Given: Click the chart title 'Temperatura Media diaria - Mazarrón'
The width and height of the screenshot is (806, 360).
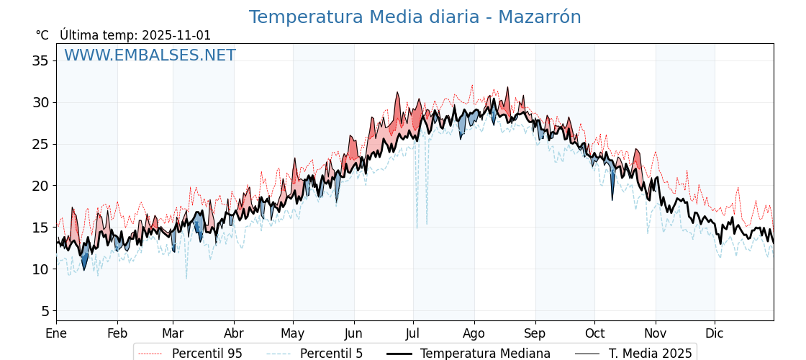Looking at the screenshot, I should pyautogui.click(x=415, y=17).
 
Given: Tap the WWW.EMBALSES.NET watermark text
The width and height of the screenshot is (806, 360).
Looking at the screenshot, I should pyautogui.click(x=150, y=55).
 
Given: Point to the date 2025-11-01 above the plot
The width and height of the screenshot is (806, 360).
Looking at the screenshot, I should pyautogui.click(x=176, y=35).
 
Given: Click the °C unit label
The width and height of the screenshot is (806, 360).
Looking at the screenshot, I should pyautogui.click(x=42, y=35).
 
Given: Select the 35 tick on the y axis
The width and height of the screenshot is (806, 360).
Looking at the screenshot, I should pyautogui.click(x=40, y=60).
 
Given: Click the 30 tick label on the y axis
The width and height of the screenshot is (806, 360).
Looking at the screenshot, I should pyautogui.click(x=40, y=102).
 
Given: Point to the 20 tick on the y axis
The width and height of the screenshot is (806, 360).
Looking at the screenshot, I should pyautogui.click(x=40, y=186).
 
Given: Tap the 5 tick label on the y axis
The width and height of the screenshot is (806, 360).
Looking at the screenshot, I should pyautogui.click(x=45, y=311).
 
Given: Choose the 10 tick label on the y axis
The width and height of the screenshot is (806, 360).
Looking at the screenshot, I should pyautogui.click(x=40, y=269).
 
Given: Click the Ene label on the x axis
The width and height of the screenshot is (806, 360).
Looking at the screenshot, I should pyautogui.click(x=56, y=334).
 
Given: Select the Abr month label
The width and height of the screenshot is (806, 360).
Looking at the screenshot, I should pyautogui.click(x=234, y=334).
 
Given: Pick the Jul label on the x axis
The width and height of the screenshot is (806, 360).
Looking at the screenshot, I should pyautogui.click(x=413, y=334).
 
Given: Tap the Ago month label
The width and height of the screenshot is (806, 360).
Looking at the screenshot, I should pyautogui.click(x=474, y=334).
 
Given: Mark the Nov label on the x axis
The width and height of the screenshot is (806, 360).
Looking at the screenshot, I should pyautogui.click(x=656, y=334).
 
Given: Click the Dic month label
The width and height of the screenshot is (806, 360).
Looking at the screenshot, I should pyautogui.click(x=715, y=334).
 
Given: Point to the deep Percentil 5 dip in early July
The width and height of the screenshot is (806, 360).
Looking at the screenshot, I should pyautogui.click(x=417, y=228).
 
